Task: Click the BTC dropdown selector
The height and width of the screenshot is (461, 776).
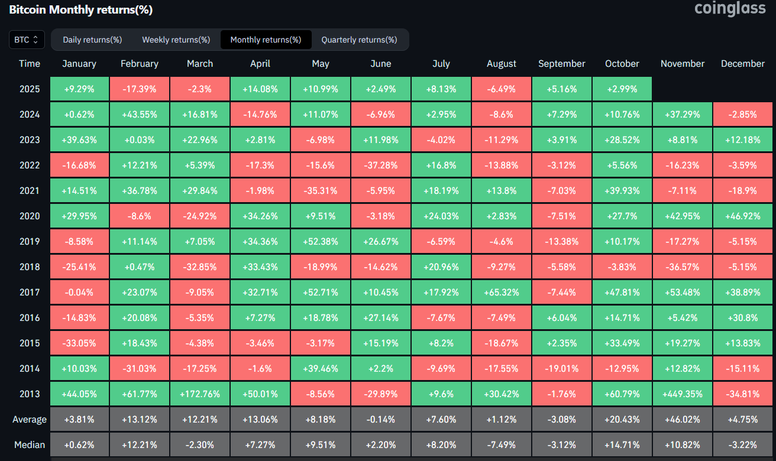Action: [x=27, y=40]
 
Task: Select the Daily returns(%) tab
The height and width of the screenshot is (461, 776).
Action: [x=92, y=40]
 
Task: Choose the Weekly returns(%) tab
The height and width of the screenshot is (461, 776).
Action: [x=176, y=40]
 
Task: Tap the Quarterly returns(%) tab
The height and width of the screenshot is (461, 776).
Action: [x=359, y=40]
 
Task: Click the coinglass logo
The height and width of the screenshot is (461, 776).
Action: [x=730, y=9]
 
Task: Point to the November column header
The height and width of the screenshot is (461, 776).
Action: [x=683, y=64]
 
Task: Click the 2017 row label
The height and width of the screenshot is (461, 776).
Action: [x=30, y=292]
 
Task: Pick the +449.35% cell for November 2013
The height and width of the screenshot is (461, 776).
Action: [x=683, y=394]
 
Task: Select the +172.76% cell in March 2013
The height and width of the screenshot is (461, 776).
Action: [x=200, y=394]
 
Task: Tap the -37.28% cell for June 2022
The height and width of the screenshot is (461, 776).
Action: [x=381, y=165]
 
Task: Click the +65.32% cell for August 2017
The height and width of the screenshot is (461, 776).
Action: [x=502, y=292]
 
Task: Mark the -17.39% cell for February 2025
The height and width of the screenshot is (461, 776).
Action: [x=139, y=89]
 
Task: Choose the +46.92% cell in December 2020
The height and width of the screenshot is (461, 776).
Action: [x=743, y=216]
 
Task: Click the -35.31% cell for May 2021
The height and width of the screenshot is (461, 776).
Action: [x=320, y=190]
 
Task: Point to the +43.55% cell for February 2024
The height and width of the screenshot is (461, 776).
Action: [x=139, y=114]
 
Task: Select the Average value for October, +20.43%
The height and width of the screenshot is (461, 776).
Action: [x=622, y=419]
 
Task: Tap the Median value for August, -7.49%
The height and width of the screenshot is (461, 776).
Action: [x=502, y=444]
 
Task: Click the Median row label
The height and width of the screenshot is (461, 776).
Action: [x=30, y=444]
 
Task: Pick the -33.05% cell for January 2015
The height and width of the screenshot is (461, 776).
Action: [x=79, y=343]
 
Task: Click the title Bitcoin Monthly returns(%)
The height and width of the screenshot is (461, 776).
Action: [x=80, y=10]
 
